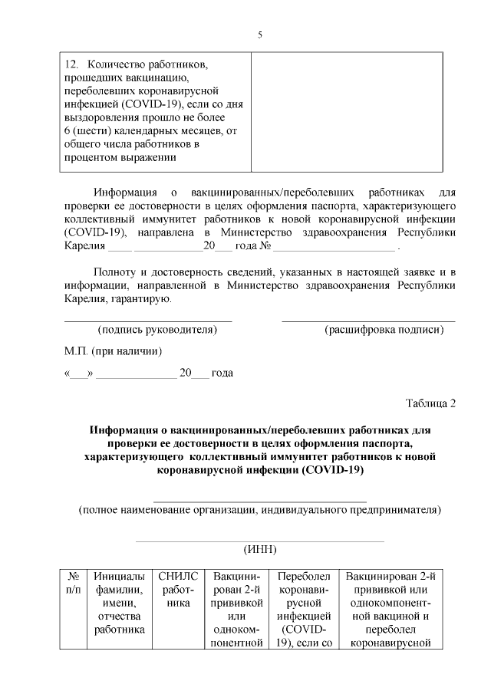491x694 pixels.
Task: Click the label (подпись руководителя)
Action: pyautogui.click(x=157, y=330)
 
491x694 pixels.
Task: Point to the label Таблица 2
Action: pyautogui.click(x=431, y=404)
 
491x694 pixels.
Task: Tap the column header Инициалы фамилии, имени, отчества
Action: pyautogui.click(x=119, y=604)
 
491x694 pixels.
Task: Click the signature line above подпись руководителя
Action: pyautogui.click(x=147, y=320)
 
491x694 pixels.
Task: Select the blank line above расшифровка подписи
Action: pyautogui.click(x=368, y=320)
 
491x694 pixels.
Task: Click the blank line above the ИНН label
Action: pyautogui.click(x=259, y=541)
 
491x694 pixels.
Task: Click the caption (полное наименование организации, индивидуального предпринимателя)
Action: pyautogui.click(x=259, y=509)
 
